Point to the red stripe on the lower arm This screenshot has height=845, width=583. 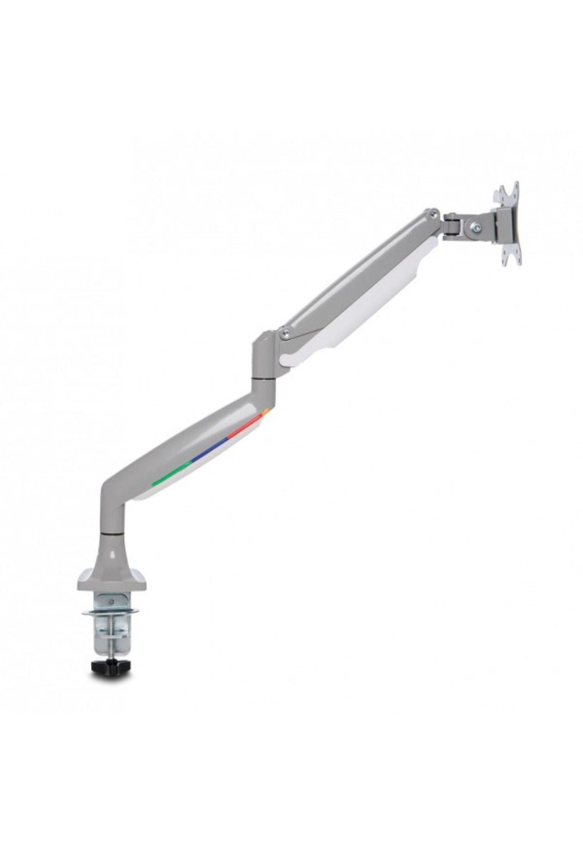[x=248, y=423]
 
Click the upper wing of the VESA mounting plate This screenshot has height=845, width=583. [x=509, y=196]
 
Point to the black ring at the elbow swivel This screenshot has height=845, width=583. [x=262, y=378]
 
